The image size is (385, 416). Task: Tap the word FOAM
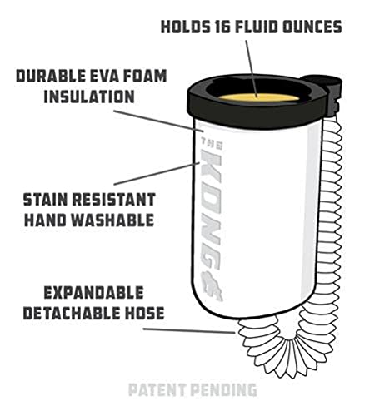(x=144, y=76)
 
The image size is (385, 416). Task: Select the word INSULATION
(x=89, y=97)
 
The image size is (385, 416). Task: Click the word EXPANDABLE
(x=93, y=293)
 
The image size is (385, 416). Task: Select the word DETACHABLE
(x=68, y=313)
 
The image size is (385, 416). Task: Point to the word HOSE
(x=141, y=313)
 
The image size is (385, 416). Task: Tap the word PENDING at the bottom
(x=224, y=389)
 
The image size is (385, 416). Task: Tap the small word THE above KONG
(x=212, y=144)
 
